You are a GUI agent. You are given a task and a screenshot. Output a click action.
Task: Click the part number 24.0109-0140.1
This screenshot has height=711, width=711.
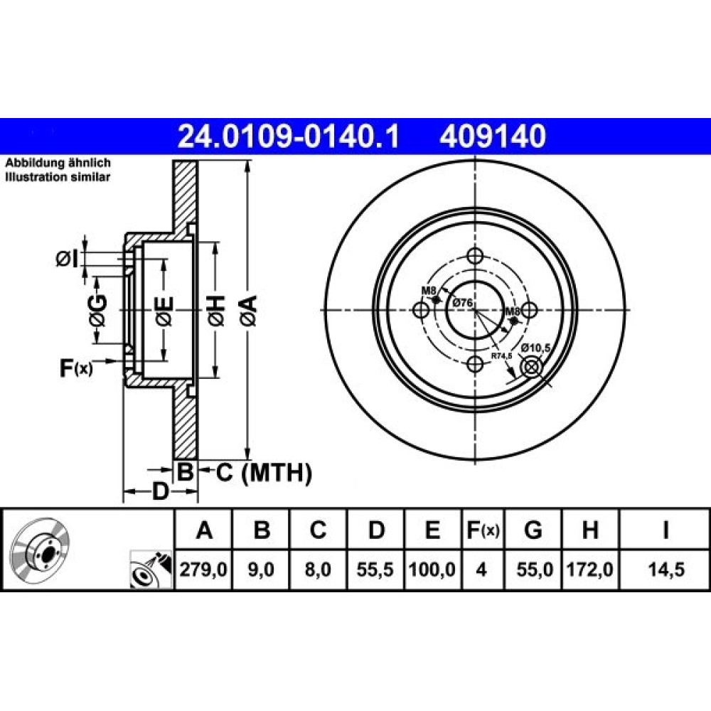289,137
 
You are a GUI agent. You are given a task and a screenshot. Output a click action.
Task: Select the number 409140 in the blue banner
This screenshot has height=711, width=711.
493,137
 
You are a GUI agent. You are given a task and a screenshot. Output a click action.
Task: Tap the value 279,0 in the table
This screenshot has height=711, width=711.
203,570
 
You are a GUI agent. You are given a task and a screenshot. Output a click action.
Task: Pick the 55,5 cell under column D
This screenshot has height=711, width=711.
375,570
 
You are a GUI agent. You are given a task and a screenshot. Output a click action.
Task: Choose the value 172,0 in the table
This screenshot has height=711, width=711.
590,570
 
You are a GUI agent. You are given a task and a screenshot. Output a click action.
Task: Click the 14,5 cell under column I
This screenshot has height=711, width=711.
665,570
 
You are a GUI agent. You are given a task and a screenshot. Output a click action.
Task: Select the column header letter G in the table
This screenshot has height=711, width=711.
533,529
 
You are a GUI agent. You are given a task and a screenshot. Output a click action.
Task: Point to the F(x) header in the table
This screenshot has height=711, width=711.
483,530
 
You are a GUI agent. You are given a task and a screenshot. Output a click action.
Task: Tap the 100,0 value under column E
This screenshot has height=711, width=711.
432,570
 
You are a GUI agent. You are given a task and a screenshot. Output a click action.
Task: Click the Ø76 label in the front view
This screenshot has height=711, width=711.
463,302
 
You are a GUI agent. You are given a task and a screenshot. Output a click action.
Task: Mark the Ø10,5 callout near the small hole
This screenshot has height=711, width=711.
535,348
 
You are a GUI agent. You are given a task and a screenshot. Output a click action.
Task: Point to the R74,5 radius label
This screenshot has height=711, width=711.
501,356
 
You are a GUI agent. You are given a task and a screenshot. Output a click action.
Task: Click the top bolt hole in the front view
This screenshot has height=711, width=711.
475,256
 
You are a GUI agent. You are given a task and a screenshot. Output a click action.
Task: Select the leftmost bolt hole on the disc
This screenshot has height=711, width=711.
422,310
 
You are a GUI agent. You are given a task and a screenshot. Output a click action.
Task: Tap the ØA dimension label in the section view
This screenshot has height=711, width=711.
250,310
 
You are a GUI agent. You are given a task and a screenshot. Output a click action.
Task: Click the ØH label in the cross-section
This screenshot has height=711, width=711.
216,310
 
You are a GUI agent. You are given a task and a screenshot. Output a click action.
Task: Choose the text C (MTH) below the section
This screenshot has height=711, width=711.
264,473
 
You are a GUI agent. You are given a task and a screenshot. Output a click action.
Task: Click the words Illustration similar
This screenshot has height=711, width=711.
58,177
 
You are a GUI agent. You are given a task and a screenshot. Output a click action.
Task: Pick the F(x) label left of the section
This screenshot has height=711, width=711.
76,368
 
